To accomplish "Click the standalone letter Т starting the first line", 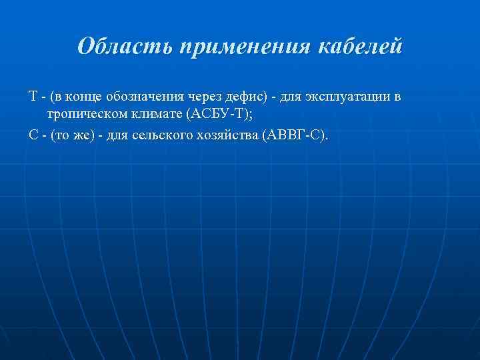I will pos(33,97).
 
